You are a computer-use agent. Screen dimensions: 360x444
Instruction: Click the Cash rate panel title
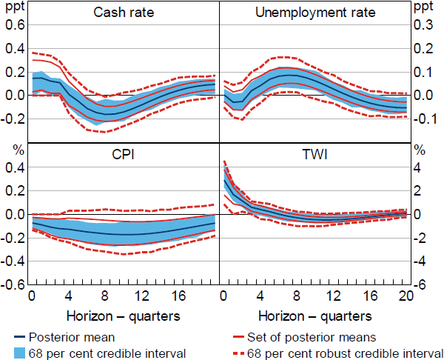click(x=124, y=13)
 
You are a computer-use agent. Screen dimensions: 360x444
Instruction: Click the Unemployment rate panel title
click(x=315, y=13)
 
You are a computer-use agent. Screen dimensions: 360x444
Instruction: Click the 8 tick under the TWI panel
click(x=297, y=297)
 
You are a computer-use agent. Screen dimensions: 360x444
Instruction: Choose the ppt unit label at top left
click(x=13, y=7)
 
